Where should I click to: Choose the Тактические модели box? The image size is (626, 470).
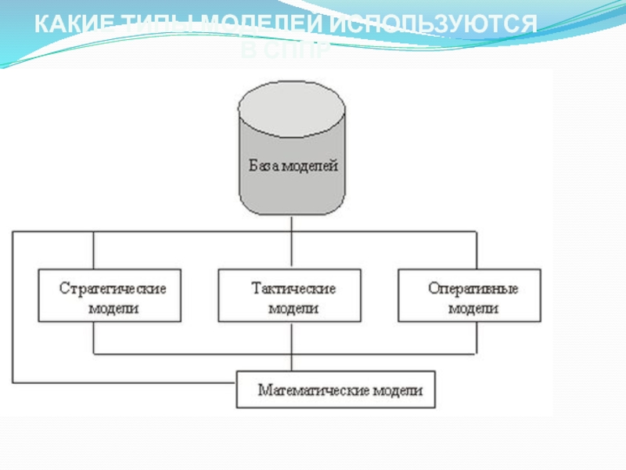click(x=290, y=296)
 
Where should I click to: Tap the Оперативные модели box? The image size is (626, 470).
click(x=469, y=296)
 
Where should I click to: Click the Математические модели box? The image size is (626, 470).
click(x=336, y=389)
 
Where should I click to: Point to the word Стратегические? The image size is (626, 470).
click(x=113, y=287)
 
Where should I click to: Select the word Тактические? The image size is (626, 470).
click(x=293, y=287)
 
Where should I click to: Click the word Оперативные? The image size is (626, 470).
click(x=472, y=287)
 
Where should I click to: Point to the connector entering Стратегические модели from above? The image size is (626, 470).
click(x=93, y=251)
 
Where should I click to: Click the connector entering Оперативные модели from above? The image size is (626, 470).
click(x=475, y=251)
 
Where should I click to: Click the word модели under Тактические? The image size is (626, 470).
click(x=293, y=308)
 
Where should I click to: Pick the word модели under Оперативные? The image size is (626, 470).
click(x=473, y=308)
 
